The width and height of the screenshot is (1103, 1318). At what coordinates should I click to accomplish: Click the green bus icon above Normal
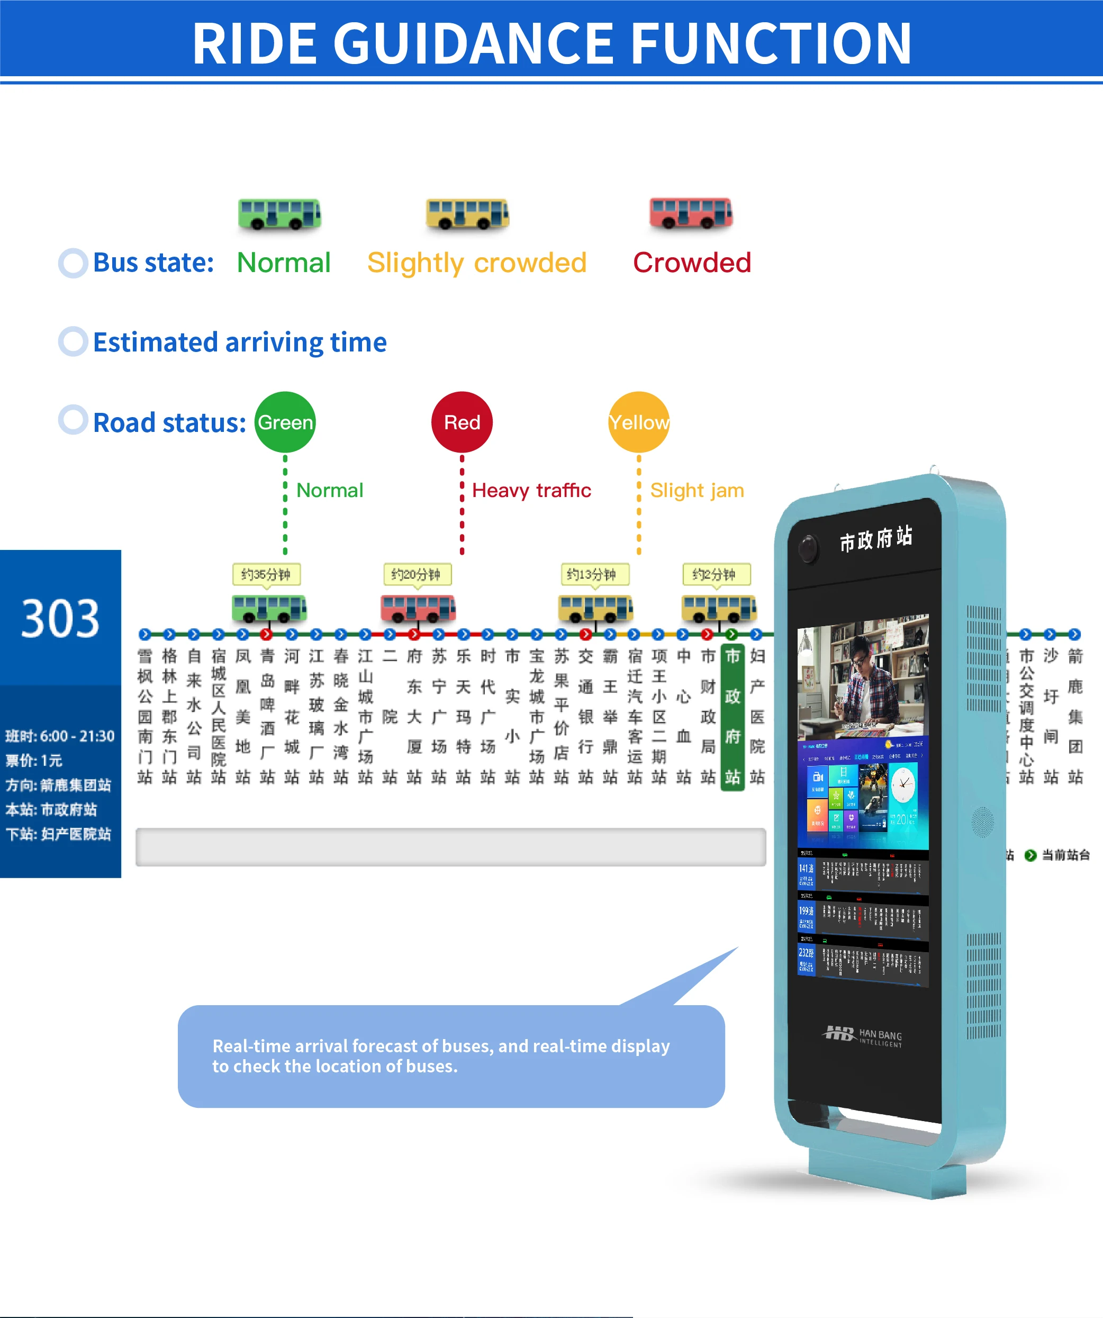279,214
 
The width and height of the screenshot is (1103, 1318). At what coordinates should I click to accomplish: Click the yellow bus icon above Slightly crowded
467,214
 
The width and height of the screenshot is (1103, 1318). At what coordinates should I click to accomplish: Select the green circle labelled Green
285,422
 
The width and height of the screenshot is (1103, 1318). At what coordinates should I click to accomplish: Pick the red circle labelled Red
462,422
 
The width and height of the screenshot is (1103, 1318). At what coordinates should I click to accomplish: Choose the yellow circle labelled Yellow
639,422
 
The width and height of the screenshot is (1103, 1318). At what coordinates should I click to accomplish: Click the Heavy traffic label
531,490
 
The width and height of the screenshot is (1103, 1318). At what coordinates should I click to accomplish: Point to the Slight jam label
697,490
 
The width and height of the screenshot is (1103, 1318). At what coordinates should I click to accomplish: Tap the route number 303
60,619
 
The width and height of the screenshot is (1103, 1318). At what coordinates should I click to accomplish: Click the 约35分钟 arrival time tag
266,574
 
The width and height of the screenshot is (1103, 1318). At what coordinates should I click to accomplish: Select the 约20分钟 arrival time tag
417,574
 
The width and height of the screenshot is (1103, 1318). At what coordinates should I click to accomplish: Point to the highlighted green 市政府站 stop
732,717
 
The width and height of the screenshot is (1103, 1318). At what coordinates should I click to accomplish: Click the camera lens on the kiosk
809,548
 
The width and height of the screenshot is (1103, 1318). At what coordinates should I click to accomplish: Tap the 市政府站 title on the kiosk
876,538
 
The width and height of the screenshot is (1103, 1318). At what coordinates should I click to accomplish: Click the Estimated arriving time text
240,342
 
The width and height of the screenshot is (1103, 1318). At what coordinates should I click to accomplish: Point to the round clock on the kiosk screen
903,784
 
